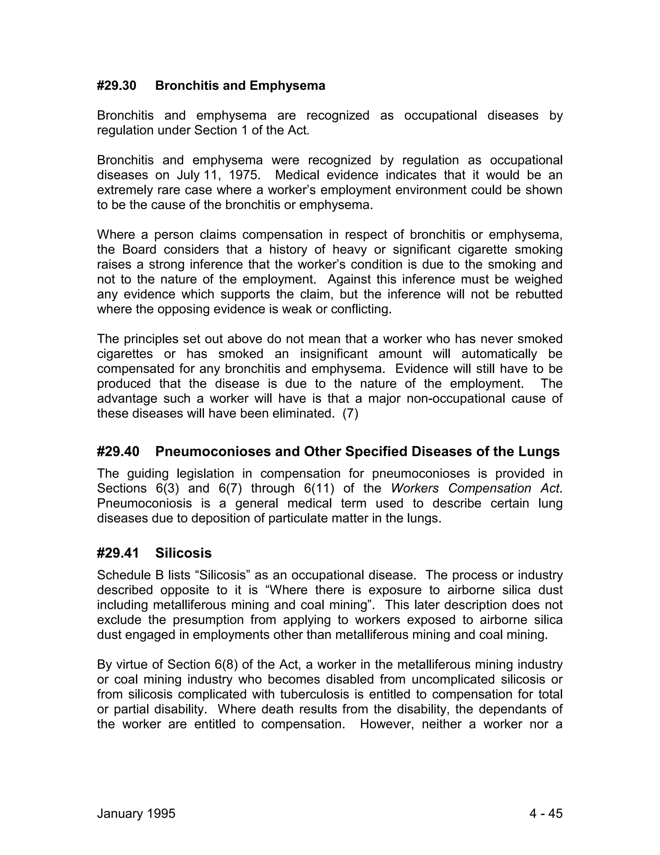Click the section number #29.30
pos(117,86)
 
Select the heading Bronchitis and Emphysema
pos(240,86)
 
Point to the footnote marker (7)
pos(350,414)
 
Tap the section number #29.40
pos(118,451)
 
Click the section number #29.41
pos(118,553)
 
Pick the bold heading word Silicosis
pos(183,553)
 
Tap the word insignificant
pos(334,354)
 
